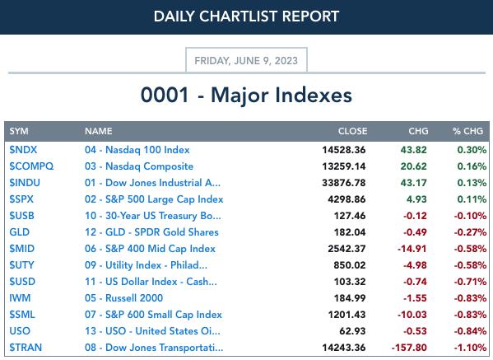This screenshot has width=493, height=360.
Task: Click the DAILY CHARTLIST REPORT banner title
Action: click(x=246, y=16)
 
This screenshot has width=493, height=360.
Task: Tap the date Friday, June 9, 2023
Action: click(x=246, y=60)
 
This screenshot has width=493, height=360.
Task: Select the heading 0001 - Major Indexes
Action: click(x=246, y=95)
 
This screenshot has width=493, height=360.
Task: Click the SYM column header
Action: click(x=19, y=131)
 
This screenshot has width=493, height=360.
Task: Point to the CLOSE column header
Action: click(x=352, y=131)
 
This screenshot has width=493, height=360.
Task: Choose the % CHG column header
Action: click(x=467, y=131)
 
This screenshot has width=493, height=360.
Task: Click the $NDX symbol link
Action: click(x=23, y=150)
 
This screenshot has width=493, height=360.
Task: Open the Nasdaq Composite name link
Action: click(x=139, y=166)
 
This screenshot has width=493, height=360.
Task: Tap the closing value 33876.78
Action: click(x=344, y=183)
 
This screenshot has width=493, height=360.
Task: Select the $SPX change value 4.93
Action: click(x=416, y=199)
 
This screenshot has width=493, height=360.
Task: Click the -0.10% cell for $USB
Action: click(x=470, y=216)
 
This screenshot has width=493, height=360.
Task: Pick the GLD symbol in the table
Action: click(x=20, y=232)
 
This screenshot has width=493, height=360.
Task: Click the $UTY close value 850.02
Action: click(x=350, y=265)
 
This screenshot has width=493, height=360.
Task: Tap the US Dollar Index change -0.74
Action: click(x=415, y=282)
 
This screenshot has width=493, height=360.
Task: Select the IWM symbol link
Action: click(x=20, y=298)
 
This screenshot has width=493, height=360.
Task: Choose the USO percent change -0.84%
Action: click(x=470, y=331)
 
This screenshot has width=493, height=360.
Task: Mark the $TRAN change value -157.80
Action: click(x=409, y=348)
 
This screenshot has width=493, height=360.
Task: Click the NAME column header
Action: click(x=99, y=131)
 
